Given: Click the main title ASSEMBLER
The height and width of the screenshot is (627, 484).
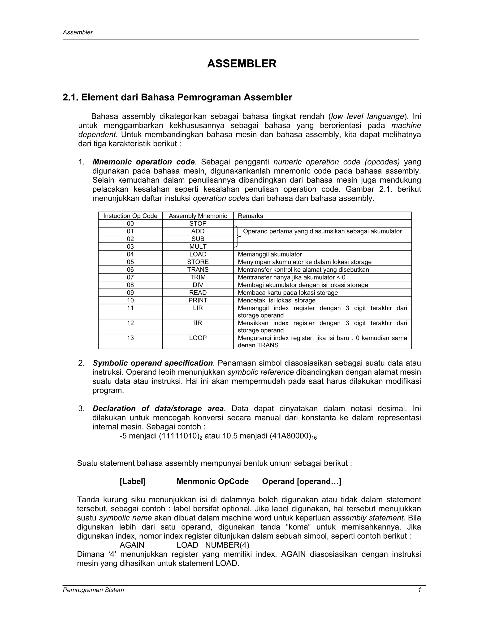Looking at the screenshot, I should click(x=242, y=64).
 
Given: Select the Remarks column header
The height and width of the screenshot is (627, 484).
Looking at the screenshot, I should click(x=250, y=216).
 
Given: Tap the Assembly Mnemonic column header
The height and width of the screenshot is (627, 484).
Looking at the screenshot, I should click(x=198, y=216).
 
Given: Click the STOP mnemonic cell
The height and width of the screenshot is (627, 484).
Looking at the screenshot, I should click(x=198, y=224).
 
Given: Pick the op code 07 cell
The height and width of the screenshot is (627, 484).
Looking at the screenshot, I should click(x=130, y=277).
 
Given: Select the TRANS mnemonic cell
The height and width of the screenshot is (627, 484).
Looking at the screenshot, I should click(x=198, y=269).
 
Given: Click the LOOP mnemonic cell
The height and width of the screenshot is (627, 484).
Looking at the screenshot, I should click(x=198, y=338).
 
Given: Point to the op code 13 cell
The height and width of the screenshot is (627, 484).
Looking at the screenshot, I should click(x=130, y=338).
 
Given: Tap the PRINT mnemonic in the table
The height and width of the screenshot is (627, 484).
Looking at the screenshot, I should click(x=198, y=300).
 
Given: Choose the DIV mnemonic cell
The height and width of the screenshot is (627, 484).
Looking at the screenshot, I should click(x=198, y=285).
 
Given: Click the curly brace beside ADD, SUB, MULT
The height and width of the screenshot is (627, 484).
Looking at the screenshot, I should click(x=237, y=237).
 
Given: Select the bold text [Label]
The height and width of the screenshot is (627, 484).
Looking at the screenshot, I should click(x=133, y=481).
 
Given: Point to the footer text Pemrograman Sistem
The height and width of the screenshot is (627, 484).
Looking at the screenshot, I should click(x=94, y=590).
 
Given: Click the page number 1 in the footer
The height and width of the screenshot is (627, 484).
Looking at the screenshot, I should click(x=419, y=590).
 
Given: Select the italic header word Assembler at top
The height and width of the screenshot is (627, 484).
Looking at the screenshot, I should click(x=78, y=32).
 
